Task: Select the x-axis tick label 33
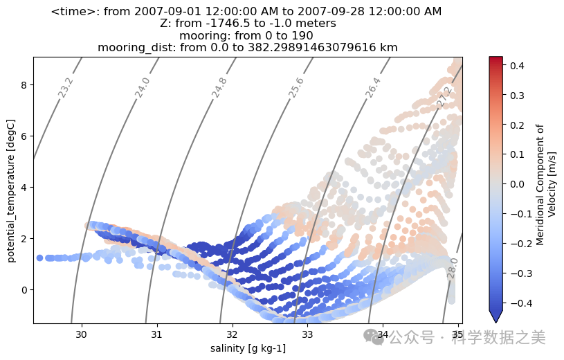click(308, 334)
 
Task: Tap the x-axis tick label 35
click(457, 334)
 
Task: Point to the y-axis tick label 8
click(22, 86)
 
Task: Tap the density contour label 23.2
click(66, 88)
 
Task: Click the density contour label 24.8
click(219, 88)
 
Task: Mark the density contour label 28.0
click(453, 269)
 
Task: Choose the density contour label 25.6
click(296, 88)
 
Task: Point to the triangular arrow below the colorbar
click(495, 316)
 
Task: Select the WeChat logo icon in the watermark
click(374, 337)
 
